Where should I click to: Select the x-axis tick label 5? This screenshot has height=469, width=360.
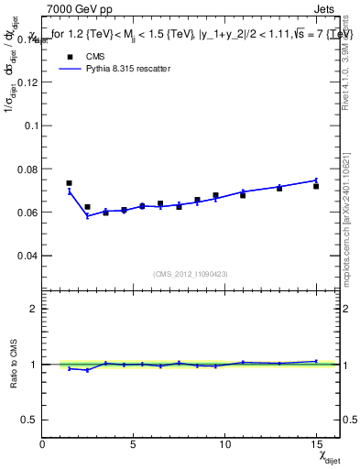point(134,443)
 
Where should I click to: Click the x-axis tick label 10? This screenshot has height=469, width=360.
point(224,443)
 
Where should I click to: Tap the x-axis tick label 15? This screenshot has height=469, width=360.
point(315,443)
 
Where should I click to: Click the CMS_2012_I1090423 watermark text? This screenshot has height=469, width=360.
point(191,274)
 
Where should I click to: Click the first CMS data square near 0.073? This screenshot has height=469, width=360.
point(70,183)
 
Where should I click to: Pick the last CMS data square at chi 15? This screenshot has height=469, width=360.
point(316,186)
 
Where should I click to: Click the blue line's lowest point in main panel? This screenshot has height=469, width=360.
point(87,216)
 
